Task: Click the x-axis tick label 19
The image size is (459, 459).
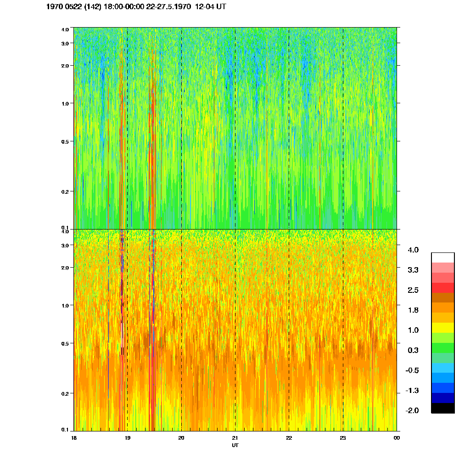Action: tap(127, 438)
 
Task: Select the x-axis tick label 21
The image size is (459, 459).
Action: tap(235, 438)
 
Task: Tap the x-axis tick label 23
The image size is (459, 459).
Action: tap(342, 438)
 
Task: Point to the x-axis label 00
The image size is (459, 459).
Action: tap(397, 438)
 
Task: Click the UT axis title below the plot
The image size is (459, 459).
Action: tap(235, 445)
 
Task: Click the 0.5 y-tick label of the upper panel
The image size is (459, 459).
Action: tap(65, 141)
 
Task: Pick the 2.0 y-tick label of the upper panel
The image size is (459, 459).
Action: tap(65, 66)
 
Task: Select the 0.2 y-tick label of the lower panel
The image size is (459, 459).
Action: tap(65, 394)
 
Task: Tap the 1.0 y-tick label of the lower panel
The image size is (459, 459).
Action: tap(65, 306)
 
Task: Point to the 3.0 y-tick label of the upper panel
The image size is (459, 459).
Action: tap(65, 43)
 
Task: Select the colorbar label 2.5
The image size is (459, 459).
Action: tap(413, 290)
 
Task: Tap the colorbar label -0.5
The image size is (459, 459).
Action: tap(412, 370)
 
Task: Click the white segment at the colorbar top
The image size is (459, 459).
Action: tap(442, 257)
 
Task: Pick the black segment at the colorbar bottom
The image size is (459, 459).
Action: tap(442, 408)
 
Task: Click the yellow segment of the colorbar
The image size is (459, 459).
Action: tap(442, 328)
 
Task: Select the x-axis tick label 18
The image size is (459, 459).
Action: tap(73, 438)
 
